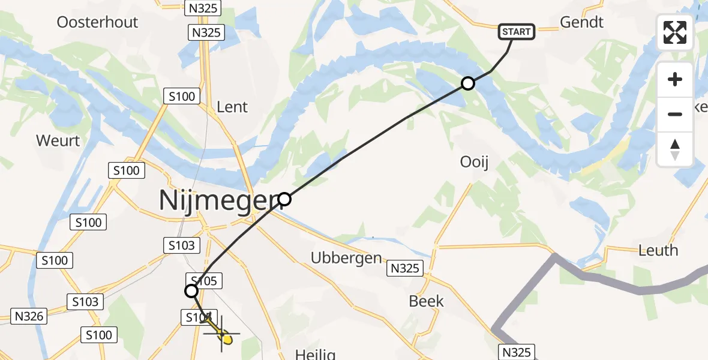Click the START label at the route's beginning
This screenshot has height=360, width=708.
pyautogui.click(x=517, y=31)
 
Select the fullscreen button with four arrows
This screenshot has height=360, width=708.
pyautogui.click(x=675, y=32)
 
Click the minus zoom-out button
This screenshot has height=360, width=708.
pyautogui.click(x=675, y=114)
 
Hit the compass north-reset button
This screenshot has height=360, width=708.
pyautogui.click(x=675, y=149)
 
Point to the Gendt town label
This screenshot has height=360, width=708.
pyautogui.click(x=581, y=22)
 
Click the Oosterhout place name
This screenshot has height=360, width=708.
pyautogui.click(x=97, y=22)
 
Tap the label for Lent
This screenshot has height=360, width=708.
pyautogui.click(x=232, y=107)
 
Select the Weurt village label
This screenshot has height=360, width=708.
pyautogui.click(x=58, y=141)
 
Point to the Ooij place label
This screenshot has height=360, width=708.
pyautogui.click(x=475, y=162)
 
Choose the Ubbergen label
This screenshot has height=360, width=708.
pyautogui.click(x=346, y=258)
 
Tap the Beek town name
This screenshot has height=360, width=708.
pyautogui.click(x=426, y=301)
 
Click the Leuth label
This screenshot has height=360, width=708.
pyautogui.click(x=658, y=250)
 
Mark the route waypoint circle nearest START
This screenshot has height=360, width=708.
pyautogui.click(x=468, y=83)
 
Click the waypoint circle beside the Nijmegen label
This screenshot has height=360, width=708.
pyautogui.click(x=285, y=199)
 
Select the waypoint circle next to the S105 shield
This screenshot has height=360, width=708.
pyautogui.click(x=191, y=292)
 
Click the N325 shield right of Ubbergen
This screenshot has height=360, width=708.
pyautogui.click(x=405, y=268)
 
